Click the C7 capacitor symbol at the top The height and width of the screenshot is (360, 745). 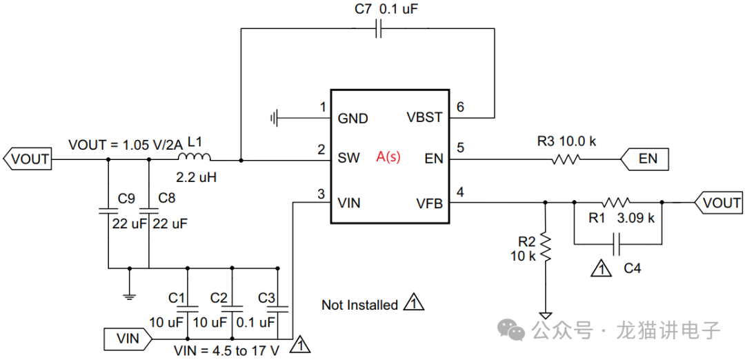point(379,29)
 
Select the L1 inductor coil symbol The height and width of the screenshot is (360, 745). point(195,157)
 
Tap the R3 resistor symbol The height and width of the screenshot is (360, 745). point(566,159)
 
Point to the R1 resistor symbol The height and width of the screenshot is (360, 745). point(616,202)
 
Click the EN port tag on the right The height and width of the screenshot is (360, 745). point(644,159)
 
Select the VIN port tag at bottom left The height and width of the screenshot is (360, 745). point(128,339)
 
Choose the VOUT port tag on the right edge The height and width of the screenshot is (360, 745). point(718,203)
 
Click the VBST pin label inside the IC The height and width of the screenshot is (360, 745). point(424,117)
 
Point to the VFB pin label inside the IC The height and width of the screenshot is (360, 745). point(430,203)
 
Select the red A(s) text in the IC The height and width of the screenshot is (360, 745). point(388,158)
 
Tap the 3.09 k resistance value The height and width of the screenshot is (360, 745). point(636,219)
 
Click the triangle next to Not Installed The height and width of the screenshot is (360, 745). point(413,303)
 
